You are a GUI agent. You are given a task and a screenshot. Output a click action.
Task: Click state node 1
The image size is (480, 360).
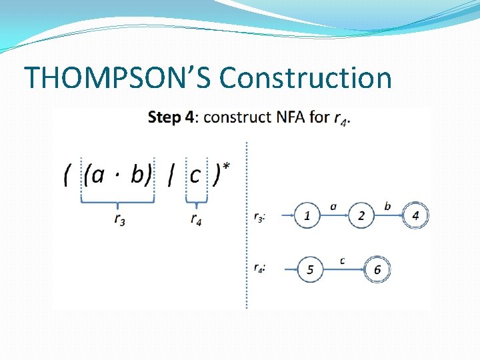[307, 215]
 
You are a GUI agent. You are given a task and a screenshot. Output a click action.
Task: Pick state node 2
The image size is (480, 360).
[361, 215]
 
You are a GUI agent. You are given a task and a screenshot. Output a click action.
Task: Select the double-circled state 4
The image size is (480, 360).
[415, 215]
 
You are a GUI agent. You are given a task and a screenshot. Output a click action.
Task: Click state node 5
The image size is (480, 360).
[310, 269]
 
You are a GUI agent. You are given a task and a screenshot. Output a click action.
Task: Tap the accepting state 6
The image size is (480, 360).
[377, 269]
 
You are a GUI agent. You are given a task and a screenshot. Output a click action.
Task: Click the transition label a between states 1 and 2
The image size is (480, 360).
[333, 206]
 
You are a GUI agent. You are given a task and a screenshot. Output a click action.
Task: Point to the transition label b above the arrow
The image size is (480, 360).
[388, 205]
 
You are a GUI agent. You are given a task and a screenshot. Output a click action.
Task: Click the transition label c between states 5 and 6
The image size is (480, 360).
[342, 260]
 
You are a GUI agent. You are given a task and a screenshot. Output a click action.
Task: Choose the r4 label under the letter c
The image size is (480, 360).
[196, 219]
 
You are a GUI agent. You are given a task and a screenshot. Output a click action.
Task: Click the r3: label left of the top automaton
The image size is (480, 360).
[260, 217]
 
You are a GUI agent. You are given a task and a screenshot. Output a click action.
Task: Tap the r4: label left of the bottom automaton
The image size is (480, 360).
[260, 268]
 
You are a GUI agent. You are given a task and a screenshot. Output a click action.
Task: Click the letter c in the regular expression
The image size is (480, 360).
[195, 175]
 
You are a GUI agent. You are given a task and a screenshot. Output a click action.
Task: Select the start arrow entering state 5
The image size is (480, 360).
[285, 269]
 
